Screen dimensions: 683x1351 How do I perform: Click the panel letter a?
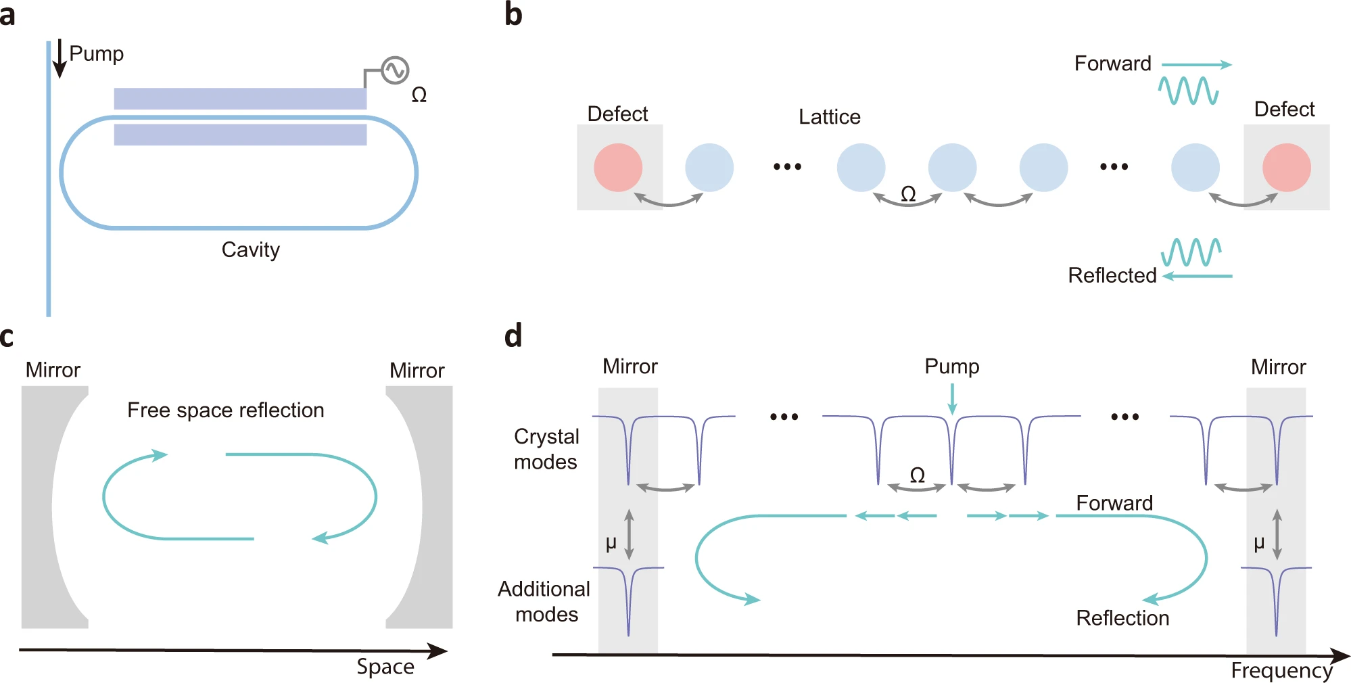point(8,15)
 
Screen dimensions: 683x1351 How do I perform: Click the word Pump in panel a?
point(97,53)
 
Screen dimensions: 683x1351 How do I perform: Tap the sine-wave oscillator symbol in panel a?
point(395,70)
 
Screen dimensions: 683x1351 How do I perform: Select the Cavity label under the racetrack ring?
point(250,250)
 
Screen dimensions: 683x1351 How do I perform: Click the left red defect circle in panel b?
point(618,167)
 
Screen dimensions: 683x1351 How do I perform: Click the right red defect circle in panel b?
point(1286,167)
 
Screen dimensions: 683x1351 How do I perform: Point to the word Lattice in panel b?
point(829,117)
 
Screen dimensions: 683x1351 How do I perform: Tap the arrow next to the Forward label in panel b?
point(1197,65)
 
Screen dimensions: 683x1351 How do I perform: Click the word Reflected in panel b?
point(1112,275)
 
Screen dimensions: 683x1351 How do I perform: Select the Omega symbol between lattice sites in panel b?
point(908,195)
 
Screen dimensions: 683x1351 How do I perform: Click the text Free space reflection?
point(226,410)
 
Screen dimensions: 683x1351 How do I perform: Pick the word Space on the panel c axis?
point(385,666)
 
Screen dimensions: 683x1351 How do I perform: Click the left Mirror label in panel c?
point(53,370)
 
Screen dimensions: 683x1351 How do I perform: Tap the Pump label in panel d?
point(951,367)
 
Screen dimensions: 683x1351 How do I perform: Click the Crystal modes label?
point(546,449)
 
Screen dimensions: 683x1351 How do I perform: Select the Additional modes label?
point(544,601)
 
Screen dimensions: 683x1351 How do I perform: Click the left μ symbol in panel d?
point(611,543)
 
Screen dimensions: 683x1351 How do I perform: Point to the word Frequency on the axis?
point(1281,670)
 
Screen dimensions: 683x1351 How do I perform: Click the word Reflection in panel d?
point(1122,618)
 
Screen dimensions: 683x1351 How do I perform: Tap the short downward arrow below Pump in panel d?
point(952,399)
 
